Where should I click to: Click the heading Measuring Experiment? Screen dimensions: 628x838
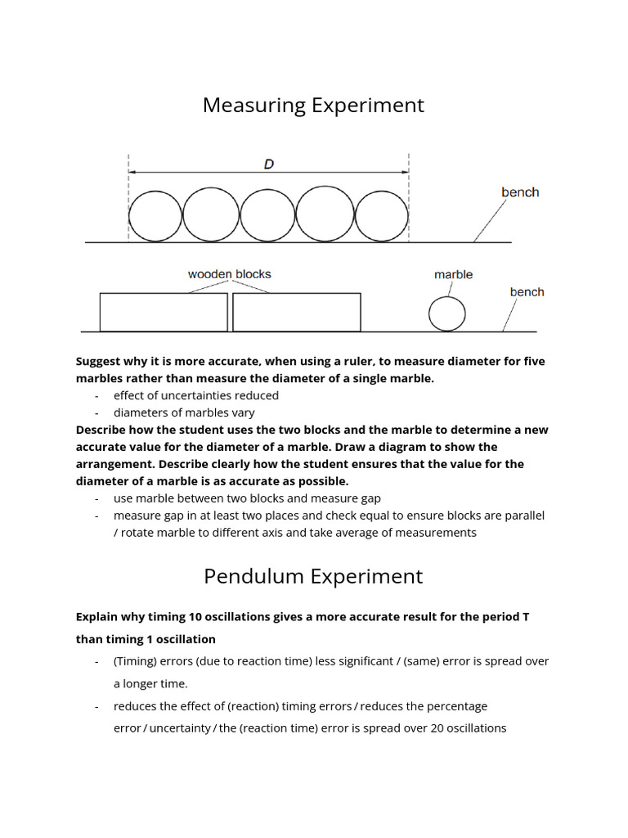[x=313, y=106]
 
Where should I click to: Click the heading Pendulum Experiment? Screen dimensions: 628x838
[x=313, y=576]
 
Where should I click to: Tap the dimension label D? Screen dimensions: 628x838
[x=268, y=164]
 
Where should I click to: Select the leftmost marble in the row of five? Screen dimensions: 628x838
[x=155, y=216]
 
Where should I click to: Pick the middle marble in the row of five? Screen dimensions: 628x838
[x=267, y=216]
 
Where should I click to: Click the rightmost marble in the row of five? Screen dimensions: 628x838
[x=382, y=216]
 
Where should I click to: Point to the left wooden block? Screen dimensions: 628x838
[x=164, y=312]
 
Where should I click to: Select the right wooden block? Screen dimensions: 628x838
[x=297, y=312]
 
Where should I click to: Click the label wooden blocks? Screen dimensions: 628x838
[x=229, y=274]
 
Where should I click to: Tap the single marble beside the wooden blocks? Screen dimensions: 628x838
[x=447, y=313]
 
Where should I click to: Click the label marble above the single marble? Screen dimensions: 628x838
[x=453, y=275]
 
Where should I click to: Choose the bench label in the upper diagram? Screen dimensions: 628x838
[x=520, y=192]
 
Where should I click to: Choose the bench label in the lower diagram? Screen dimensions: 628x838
[x=527, y=292]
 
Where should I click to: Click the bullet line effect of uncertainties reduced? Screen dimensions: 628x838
[x=195, y=395]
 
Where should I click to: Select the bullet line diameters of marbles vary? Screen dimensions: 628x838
[x=184, y=412]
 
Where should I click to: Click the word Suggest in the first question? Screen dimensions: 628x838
[x=100, y=361]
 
